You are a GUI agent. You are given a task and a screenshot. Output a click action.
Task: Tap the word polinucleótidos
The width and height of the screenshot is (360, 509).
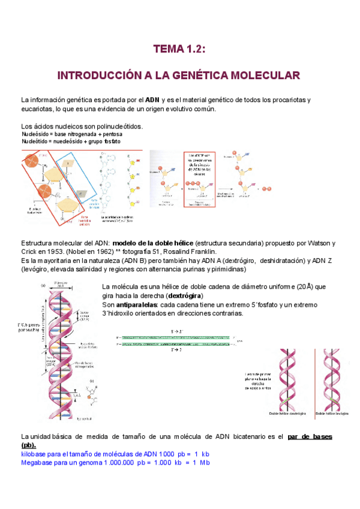(115, 126)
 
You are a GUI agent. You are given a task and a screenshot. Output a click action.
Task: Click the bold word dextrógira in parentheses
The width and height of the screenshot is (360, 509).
(185, 297)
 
